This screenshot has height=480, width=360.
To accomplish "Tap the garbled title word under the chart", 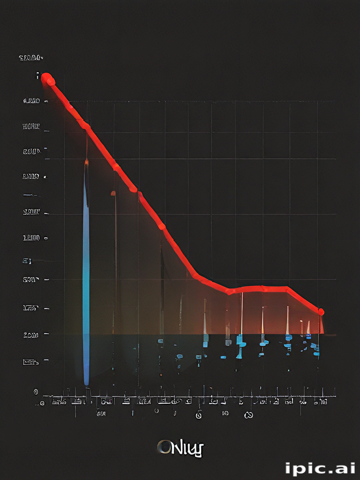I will [x=180, y=448].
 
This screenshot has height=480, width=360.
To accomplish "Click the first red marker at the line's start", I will [x=46, y=78].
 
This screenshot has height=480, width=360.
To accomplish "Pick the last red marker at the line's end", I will [x=321, y=312].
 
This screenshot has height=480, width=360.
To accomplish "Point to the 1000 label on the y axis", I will [x=31, y=238].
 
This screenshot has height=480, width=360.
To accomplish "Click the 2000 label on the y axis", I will [x=31, y=335].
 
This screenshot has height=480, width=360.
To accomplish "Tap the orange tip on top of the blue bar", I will [x=86, y=163].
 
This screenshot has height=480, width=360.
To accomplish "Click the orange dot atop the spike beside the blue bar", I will [x=113, y=193].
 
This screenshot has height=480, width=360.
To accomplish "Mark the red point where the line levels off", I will [x=230, y=291].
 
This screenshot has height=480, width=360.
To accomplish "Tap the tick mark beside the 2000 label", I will [x=46, y=334].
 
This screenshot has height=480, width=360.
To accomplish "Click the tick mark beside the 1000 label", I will [x=46, y=239].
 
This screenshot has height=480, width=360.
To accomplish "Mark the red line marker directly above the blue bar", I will [x=85, y=125].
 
